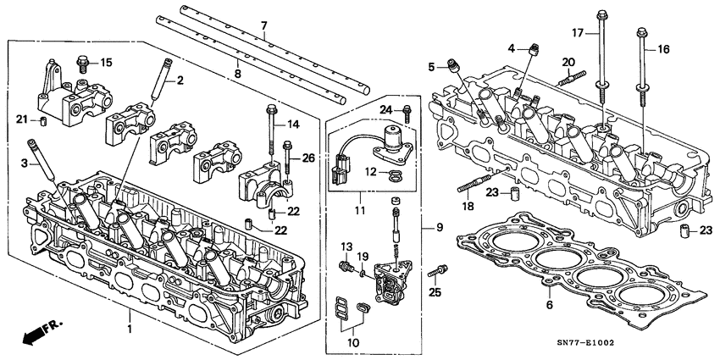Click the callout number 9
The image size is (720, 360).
[439, 227]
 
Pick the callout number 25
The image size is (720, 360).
[436, 292]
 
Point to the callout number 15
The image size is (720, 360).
[106, 63]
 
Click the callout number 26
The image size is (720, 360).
[307, 157]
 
